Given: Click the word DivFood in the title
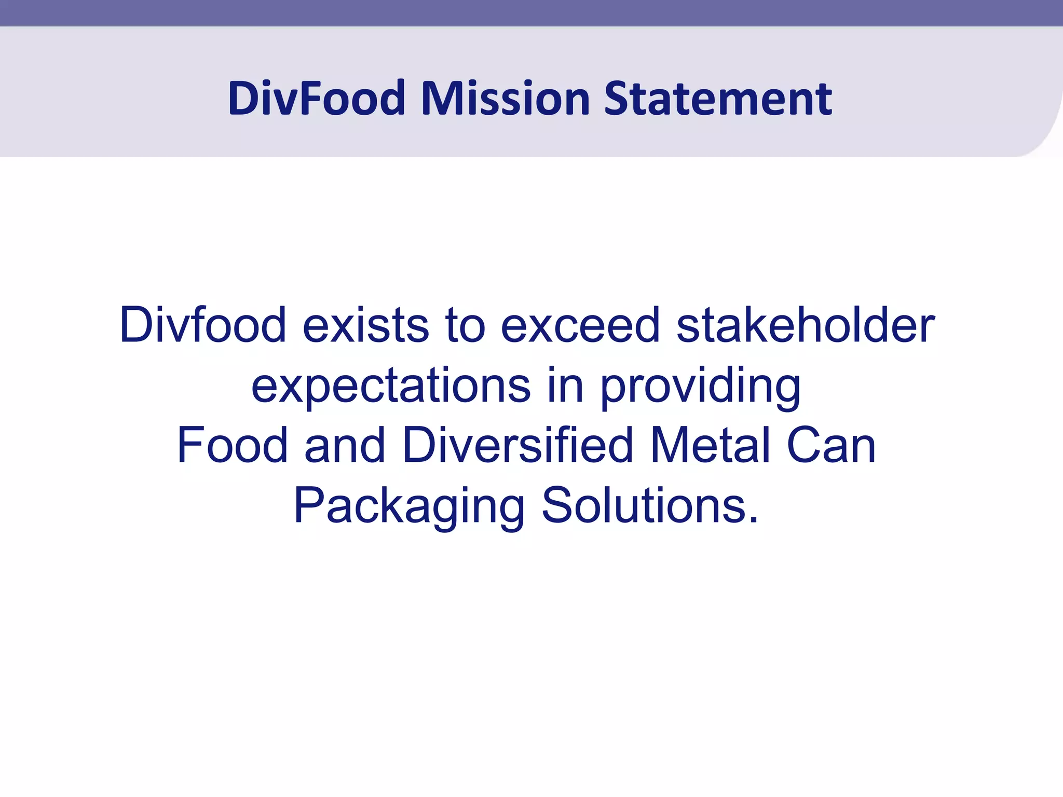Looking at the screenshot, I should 317,98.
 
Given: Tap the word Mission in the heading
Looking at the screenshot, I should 506,98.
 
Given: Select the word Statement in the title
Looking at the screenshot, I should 718,98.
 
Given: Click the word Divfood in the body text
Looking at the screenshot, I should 202,325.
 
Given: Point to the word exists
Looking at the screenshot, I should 366,325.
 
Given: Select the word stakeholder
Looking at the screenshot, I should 806,325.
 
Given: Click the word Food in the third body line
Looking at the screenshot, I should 232,445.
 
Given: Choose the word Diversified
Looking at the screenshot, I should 517,445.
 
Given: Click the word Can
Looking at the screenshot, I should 831,445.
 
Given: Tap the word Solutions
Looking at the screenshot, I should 644,505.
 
